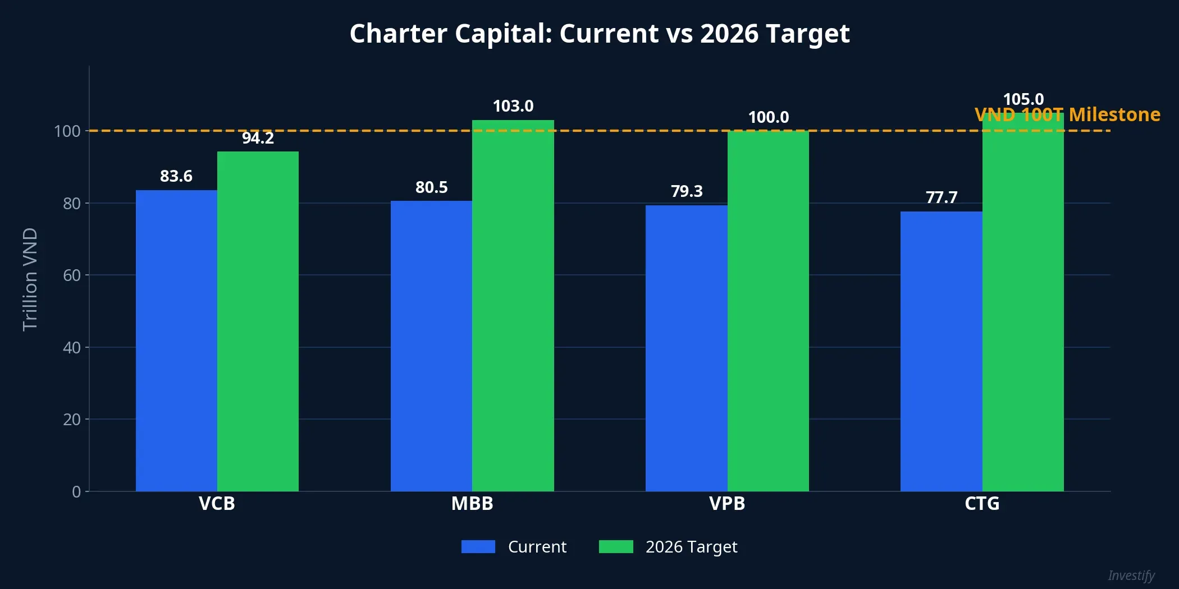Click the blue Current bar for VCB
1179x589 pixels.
(x=176, y=340)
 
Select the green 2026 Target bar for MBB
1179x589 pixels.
(x=513, y=306)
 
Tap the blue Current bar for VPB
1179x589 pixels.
(x=686, y=348)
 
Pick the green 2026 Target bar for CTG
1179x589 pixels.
(x=1023, y=303)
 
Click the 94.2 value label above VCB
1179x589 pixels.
(x=258, y=138)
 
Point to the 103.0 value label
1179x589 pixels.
(x=513, y=106)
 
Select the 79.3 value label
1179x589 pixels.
(x=686, y=191)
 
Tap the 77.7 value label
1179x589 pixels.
(x=941, y=197)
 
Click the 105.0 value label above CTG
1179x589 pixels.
(x=1023, y=99)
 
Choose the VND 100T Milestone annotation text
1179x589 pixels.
(x=1067, y=114)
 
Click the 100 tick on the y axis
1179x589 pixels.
(x=67, y=131)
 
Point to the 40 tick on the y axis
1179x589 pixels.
(x=72, y=348)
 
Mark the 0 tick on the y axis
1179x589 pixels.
(x=76, y=492)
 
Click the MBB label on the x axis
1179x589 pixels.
(x=472, y=504)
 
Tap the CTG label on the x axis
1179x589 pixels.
(x=982, y=504)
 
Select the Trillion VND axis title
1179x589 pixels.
(x=30, y=279)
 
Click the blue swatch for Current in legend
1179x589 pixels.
(x=478, y=546)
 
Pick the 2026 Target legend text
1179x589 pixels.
(x=691, y=546)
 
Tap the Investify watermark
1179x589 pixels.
(x=1131, y=576)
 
